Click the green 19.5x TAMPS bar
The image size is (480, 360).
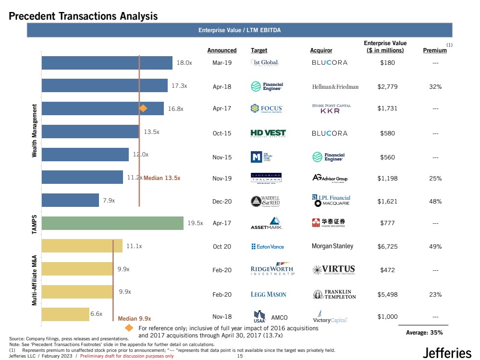tap(112, 223)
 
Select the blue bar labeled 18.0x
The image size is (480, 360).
tap(107, 63)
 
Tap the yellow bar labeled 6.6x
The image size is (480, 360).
tap(65, 314)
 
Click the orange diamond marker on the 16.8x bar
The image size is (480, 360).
tap(143, 108)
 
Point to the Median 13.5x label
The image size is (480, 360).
tap(162, 178)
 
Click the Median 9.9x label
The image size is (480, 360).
tap(135, 318)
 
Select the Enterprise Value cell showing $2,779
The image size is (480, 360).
tap(387, 87)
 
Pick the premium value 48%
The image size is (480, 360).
tap(436, 202)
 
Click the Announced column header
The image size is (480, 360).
tap(222, 50)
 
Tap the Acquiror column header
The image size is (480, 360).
tap(321, 50)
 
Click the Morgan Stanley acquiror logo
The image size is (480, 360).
tap(332, 246)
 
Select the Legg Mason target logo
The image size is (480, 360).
tap(268, 294)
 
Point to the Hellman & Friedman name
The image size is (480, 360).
tap(335, 87)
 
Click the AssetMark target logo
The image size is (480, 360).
tap(267, 223)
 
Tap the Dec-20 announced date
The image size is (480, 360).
tap(222, 202)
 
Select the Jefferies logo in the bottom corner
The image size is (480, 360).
tap(447, 353)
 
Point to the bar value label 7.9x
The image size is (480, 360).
tap(109, 201)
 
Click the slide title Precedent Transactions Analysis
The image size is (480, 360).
tap(83, 16)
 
